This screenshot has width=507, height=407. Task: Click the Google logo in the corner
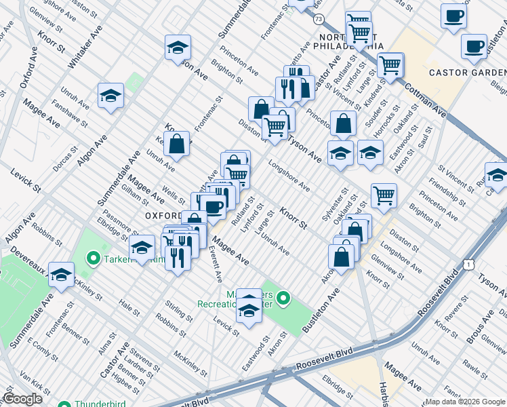point(22,399)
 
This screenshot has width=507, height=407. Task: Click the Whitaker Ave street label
point(83,49)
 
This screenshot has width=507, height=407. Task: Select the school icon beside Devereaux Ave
point(61,275)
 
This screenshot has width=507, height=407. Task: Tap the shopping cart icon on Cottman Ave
point(390,65)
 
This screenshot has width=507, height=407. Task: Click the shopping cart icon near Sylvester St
point(384,195)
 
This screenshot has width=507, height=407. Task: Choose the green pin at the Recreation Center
point(284,297)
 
